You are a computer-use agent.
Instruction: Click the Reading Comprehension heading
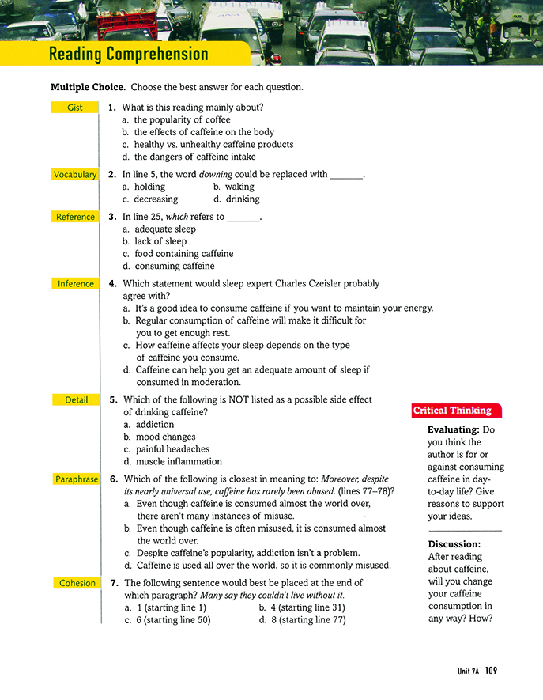pyautogui.click(x=128, y=55)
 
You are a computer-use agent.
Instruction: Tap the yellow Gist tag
pyautogui.click(x=74, y=108)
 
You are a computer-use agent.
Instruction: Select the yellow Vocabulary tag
pyautogui.click(x=74, y=175)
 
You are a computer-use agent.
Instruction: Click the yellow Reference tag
pyautogui.click(x=74, y=217)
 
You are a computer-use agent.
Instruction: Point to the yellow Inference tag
pyautogui.click(x=74, y=283)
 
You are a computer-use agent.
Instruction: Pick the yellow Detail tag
pyautogui.click(x=74, y=400)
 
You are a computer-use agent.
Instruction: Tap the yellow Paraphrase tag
pyautogui.click(x=74, y=479)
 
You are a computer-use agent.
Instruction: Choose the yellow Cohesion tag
pyautogui.click(x=74, y=583)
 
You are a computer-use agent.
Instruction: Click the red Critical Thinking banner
pyautogui.click(x=453, y=411)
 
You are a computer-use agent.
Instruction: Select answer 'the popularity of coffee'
pyautogui.click(x=182, y=120)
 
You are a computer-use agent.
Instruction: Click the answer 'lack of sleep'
pyautogui.click(x=160, y=241)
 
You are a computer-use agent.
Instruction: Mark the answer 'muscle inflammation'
pyautogui.click(x=178, y=461)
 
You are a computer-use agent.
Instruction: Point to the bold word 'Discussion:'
pyautogui.click(x=454, y=544)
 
